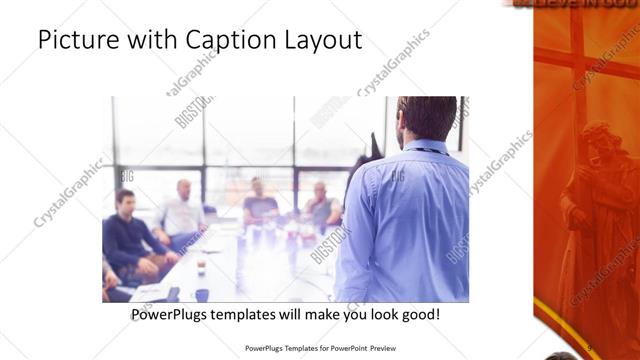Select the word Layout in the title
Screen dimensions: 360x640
pyautogui.click(x=319, y=41)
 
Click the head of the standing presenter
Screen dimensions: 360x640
pyautogui.click(x=427, y=117)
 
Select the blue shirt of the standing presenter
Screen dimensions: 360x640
pyautogui.click(x=405, y=220)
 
